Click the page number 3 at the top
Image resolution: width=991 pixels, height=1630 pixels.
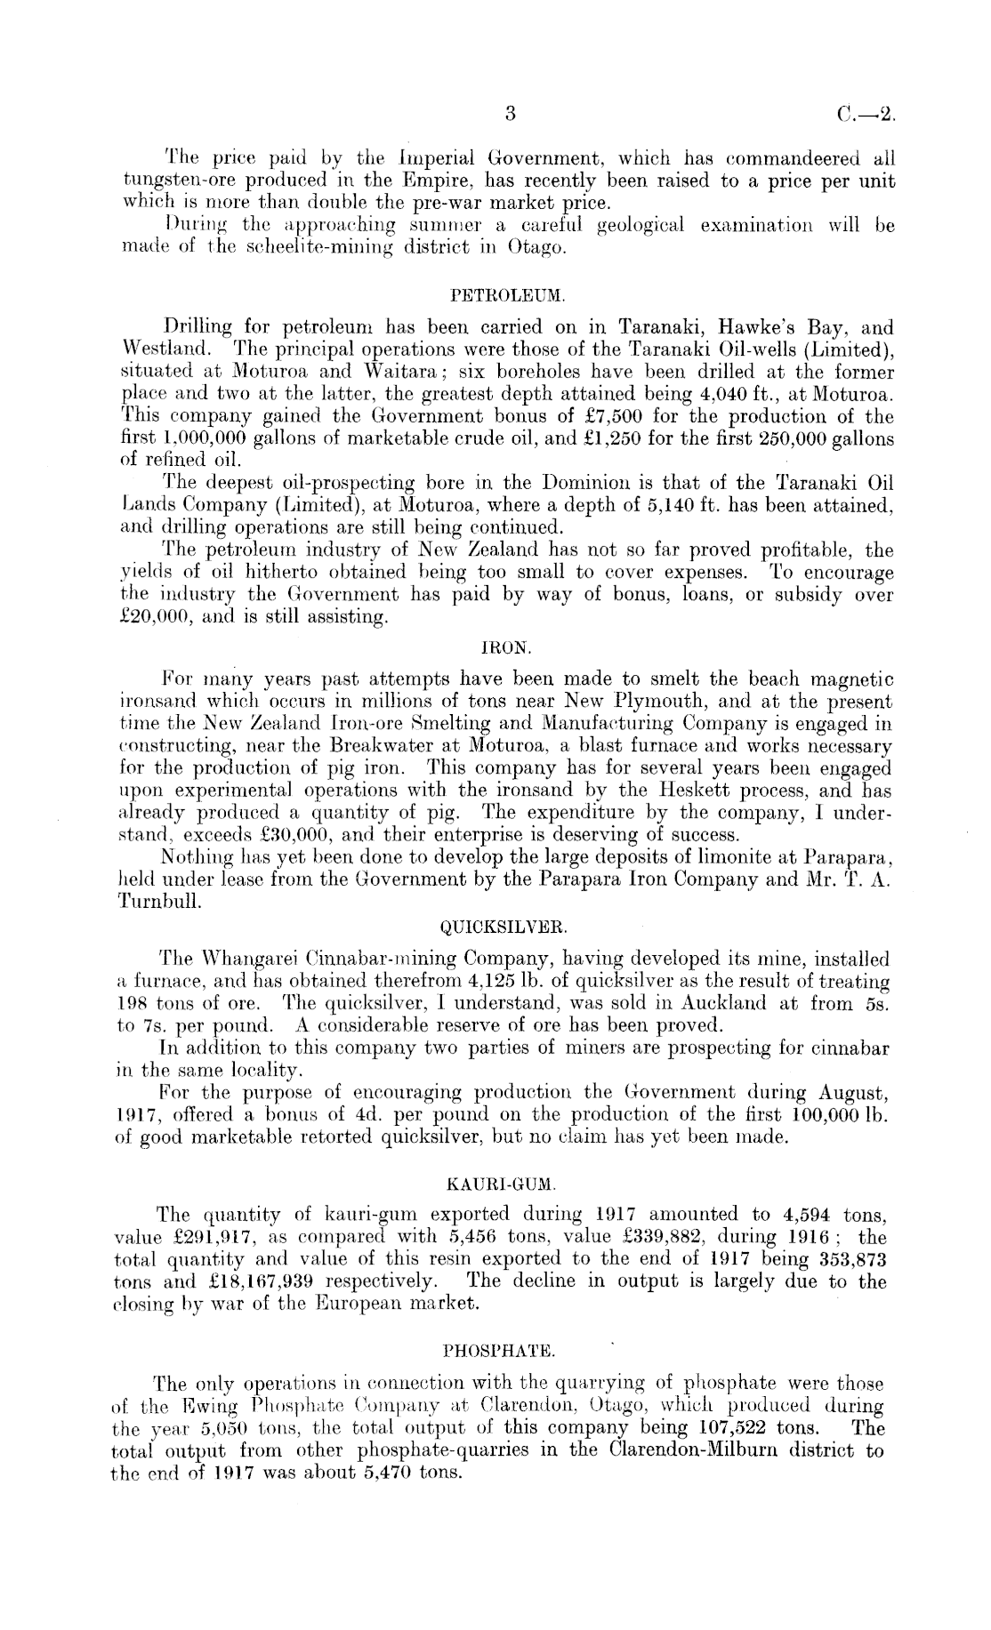pyautogui.click(x=510, y=114)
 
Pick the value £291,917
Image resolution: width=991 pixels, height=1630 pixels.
pyautogui.click(x=217, y=1237)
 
